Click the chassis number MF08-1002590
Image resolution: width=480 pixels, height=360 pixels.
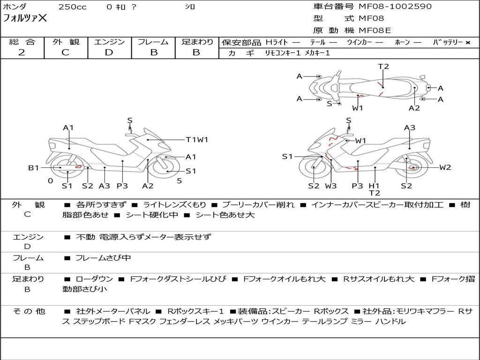[395, 7]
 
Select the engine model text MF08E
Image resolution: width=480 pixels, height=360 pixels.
[375, 30]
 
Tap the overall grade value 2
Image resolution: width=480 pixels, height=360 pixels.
[22, 52]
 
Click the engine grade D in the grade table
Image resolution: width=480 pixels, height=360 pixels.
[109, 52]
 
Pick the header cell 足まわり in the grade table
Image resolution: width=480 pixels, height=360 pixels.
[197, 42]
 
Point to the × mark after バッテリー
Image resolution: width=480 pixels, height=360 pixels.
[468, 43]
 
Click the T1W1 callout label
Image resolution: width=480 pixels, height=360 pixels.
[197, 140]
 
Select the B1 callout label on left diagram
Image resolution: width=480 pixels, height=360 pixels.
[34, 168]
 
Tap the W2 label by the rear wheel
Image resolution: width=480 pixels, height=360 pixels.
[445, 167]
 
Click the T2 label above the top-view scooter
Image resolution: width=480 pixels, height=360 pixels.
[383, 67]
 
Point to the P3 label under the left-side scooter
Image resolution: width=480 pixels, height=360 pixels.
[122, 186]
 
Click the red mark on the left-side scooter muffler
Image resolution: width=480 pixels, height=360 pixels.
[79, 167]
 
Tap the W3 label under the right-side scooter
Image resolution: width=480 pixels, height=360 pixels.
[331, 186]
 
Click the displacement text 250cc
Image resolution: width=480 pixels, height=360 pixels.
[73, 7]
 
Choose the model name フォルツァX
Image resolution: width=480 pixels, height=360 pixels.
[25, 18]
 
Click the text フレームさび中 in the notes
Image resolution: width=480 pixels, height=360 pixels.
[103, 258]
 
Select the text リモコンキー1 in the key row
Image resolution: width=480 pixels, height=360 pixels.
[283, 53]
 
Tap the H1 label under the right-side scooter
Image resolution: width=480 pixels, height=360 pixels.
[374, 186]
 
